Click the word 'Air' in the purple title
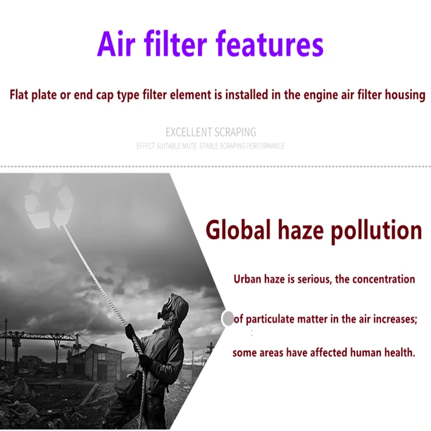click(x=116, y=44)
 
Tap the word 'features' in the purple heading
click(x=270, y=44)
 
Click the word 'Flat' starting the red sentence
click(x=19, y=95)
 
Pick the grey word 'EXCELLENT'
click(x=188, y=132)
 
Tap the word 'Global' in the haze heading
click(x=238, y=230)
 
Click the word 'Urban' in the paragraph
click(x=247, y=279)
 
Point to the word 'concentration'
click(x=383, y=279)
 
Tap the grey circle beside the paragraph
click(x=228, y=318)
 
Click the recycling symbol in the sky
click(x=49, y=203)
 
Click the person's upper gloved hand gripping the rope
click(x=130, y=331)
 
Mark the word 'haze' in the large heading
click(x=301, y=230)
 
